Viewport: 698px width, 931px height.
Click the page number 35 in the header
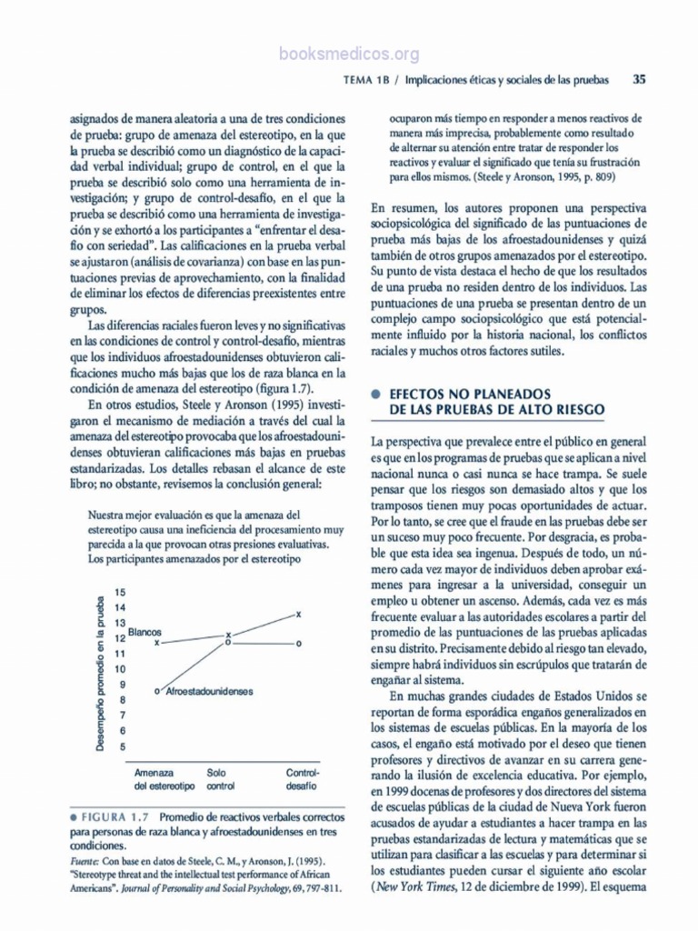pyautogui.click(x=639, y=79)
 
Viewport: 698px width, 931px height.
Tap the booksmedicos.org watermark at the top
pyautogui.click(x=349, y=54)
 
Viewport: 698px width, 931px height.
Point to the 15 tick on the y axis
pyautogui.click(x=120, y=593)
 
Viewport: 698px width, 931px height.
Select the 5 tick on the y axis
pyautogui.click(x=120, y=746)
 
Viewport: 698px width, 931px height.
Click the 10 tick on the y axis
pyautogui.click(x=120, y=669)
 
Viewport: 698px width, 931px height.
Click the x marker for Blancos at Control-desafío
pyautogui.click(x=298, y=616)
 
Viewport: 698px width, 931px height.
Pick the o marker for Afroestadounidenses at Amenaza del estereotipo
pyautogui.click(x=157, y=692)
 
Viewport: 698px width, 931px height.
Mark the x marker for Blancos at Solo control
pyautogui.click(x=228, y=634)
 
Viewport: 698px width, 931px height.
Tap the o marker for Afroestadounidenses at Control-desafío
pyautogui.click(x=298, y=643)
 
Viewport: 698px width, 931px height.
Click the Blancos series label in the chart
pyautogui.click(x=144, y=631)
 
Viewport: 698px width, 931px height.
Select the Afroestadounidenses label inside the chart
pyautogui.click(x=210, y=692)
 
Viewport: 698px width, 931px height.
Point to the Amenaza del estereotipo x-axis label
pyautogui.click(x=165, y=777)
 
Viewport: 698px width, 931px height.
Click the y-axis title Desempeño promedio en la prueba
pyautogui.click(x=101, y=673)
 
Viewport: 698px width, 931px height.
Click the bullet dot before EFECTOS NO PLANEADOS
pyautogui.click(x=375, y=395)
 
